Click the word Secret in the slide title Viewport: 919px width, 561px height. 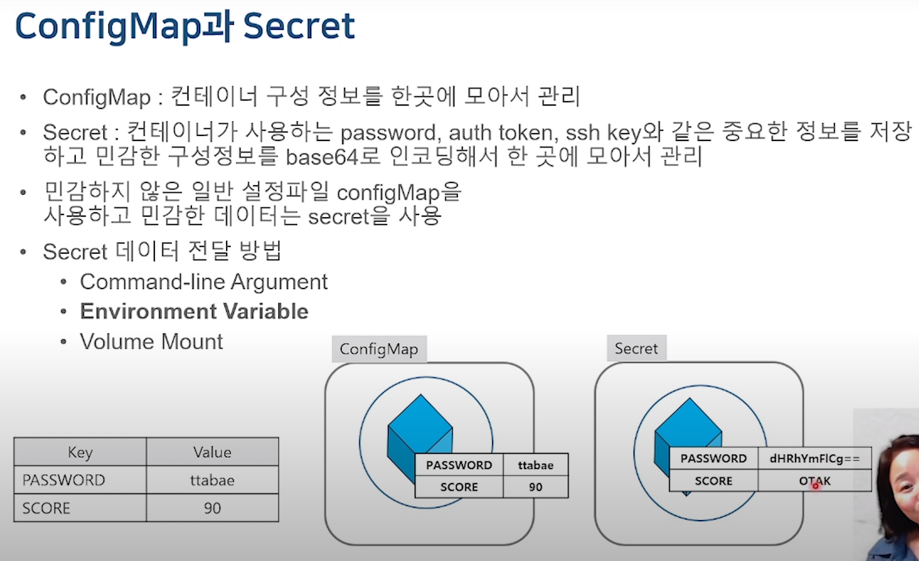(299, 26)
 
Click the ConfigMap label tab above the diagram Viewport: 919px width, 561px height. (379, 349)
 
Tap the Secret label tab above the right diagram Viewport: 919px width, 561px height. (636, 349)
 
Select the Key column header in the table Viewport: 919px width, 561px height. (80, 452)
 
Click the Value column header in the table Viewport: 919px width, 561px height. (212, 452)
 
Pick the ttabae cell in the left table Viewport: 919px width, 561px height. (212, 480)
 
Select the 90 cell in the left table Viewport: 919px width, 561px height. (212, 508)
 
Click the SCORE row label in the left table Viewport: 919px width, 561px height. (46, 508)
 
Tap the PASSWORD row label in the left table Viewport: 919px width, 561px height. (64, 480)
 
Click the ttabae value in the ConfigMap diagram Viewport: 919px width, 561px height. (535, 465)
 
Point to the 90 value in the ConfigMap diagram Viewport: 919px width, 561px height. (535, 487)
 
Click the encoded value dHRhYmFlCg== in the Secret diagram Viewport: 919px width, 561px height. (814, 459)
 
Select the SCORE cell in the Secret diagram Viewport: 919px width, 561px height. (713, 481)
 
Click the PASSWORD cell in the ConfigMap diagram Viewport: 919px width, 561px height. (459, 465)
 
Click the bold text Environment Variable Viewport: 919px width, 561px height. (194, 312)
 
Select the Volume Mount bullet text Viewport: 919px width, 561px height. (152, 342)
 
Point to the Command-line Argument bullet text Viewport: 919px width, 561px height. (203, 282)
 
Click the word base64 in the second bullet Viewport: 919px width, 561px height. (322, 158)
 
